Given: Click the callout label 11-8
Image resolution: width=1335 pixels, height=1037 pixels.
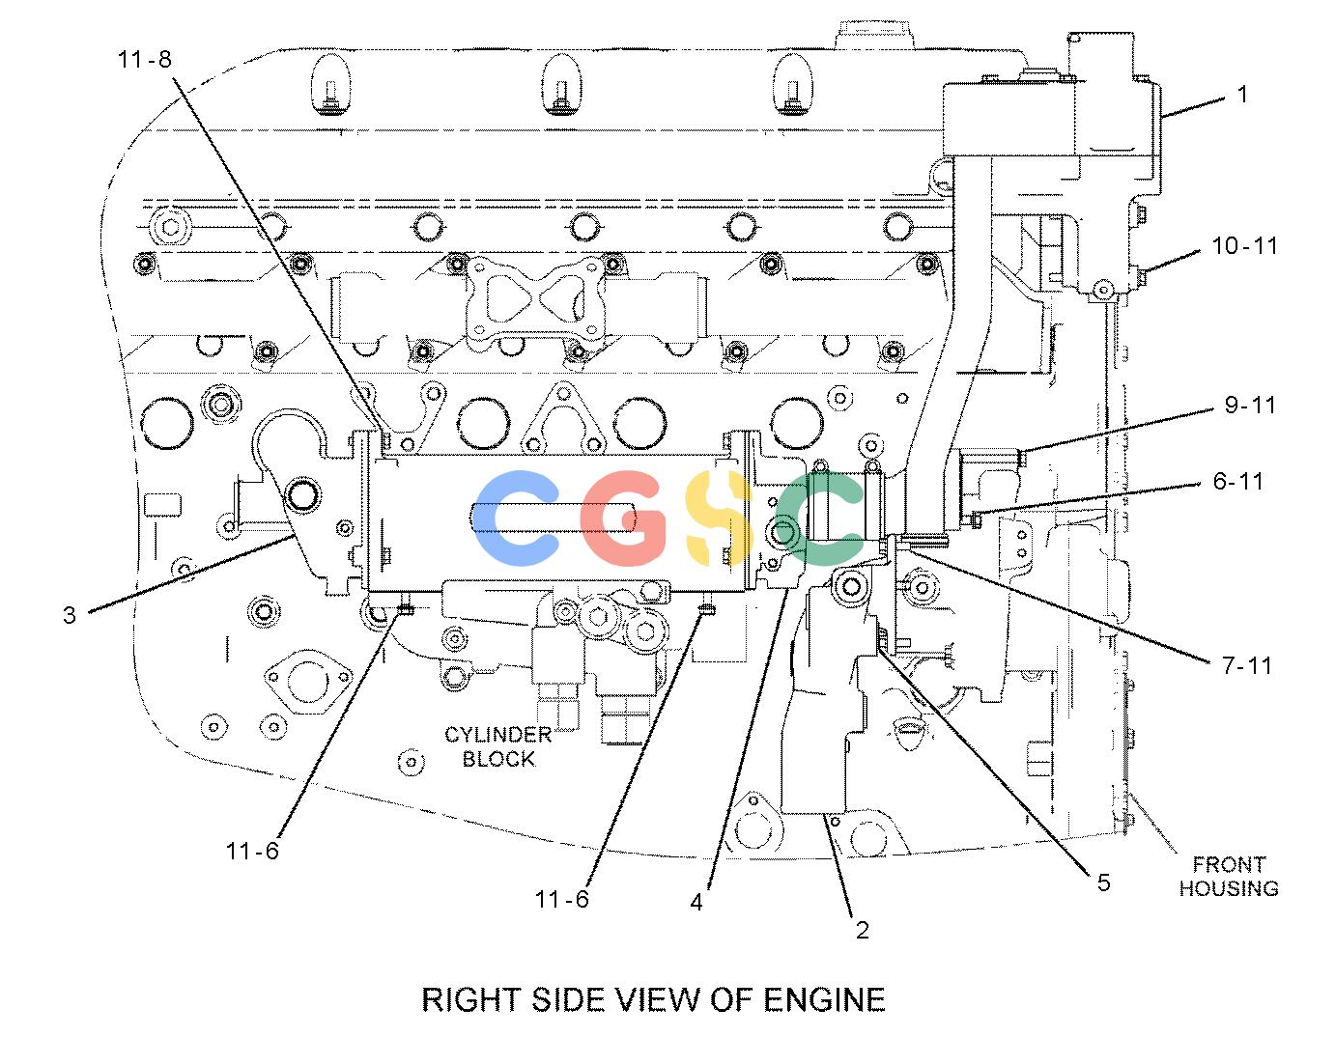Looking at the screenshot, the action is click(x=144, y=60).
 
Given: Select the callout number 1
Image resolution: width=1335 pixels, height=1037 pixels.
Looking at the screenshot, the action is click(x=1241, y=95).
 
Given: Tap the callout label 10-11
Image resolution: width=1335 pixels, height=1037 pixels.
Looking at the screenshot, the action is click(x=1245, y=245).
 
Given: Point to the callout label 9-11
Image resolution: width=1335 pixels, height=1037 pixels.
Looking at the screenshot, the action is click(x=1250, y=405).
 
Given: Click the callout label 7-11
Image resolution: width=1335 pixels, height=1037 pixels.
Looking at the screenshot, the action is click(x=1246, y=665).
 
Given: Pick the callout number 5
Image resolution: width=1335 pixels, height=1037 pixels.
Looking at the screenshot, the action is click(x=1103, y=883).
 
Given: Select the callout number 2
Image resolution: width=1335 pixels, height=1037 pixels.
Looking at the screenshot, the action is click(x=863, y=930).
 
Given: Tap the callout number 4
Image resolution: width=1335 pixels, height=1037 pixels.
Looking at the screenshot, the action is click(x=696, y=902).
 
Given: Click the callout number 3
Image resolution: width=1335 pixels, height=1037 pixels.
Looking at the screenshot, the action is click(x=70, y=615).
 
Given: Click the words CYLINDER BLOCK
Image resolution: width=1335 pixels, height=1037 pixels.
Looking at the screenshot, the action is click(x=497, y=746).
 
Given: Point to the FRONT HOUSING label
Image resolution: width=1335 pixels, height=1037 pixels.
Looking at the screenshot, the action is click(x=1229, y=877).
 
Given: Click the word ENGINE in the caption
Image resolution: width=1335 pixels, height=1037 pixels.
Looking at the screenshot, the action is click(x=824, y=1000).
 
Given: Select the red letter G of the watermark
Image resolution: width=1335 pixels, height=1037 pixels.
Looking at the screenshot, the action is click(x=624, y=518).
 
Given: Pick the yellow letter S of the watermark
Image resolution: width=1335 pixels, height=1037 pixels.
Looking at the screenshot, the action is click(x=719, y=518).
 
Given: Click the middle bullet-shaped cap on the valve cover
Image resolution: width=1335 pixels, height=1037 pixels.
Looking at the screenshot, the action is click(x=561, y=84).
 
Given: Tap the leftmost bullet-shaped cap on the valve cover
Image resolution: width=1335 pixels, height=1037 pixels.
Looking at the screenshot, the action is click(x=331, y=84).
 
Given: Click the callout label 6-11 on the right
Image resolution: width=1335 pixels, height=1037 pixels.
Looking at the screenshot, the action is click(x=1238, y=482).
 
